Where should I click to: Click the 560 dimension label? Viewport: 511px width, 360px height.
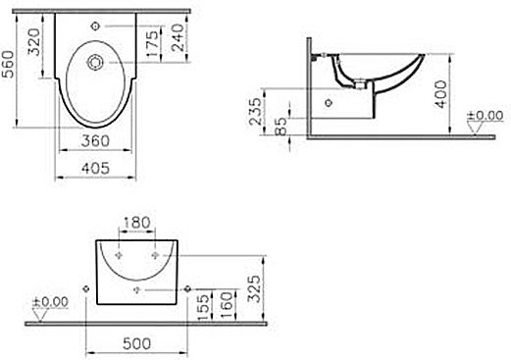(8, 64)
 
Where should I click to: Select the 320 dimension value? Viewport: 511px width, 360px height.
(33, 42)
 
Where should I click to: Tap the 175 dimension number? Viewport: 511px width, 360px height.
(153, 43)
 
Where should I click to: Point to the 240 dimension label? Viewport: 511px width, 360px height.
(179, 37)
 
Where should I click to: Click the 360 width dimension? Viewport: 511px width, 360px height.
(95, 141)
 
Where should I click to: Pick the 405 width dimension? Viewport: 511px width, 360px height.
(95, 169)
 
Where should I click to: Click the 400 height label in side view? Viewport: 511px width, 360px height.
(441, 94)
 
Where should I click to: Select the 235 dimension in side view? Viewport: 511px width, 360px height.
(256, 111)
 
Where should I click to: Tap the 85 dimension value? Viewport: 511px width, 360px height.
(281, 127)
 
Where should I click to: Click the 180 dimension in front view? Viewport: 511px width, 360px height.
(136, 223)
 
